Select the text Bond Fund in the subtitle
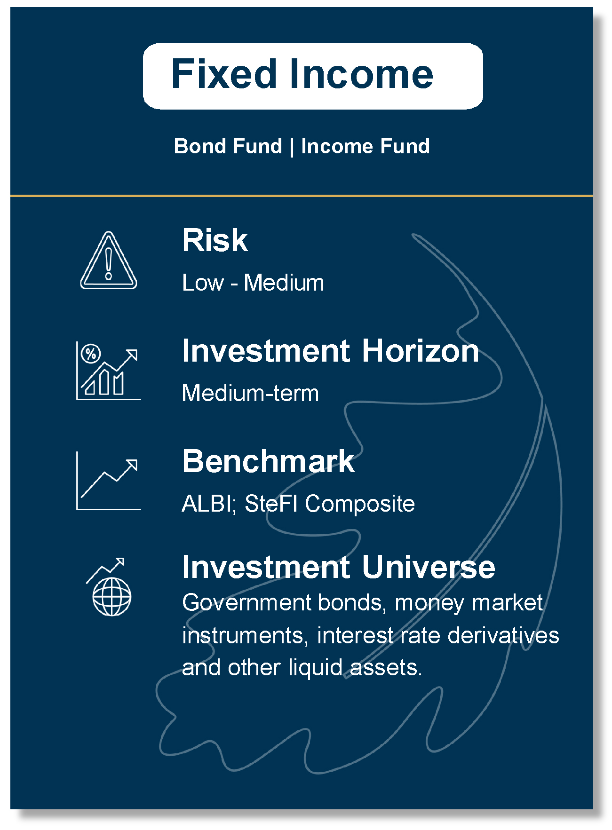pyautogui.click(x=228, y=146)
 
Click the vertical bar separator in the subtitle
pyautogui.click(x=292, y=147)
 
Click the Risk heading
pyautogui.click(x=215, y=240)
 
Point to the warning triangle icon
pyautogui.click(x=109, y=260)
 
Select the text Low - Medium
pyautogui.click(x=253, y=283)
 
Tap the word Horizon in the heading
pyautogui.click(x=420, y=351)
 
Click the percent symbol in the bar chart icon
pyautogui.click(x=91, y=354)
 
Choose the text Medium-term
pyautogui.click(x=250, y=393)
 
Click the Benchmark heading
pyautogui.click(x=268, y=461)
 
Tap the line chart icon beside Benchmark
pyautogui.click(x=109, y=481)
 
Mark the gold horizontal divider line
pyautogui.click(x=302, y=195)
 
